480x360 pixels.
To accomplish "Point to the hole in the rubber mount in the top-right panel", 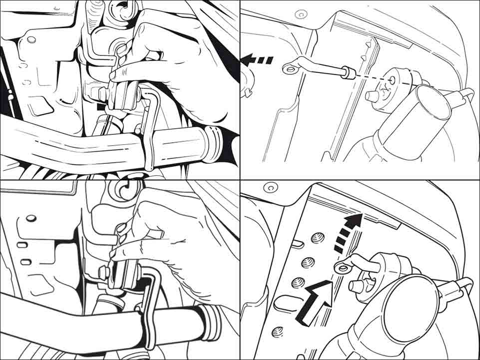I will point(391,78).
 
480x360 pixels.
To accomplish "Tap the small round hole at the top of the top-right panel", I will point(300,14).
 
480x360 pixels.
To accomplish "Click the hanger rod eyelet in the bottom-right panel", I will point(343,269).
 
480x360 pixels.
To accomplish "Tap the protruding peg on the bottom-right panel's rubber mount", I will point(357,286).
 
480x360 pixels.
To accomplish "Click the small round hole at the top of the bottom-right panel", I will point(270,189).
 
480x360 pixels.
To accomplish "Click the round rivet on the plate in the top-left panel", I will point(29,38).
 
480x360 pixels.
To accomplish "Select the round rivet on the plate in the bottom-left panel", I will point(30,218).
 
